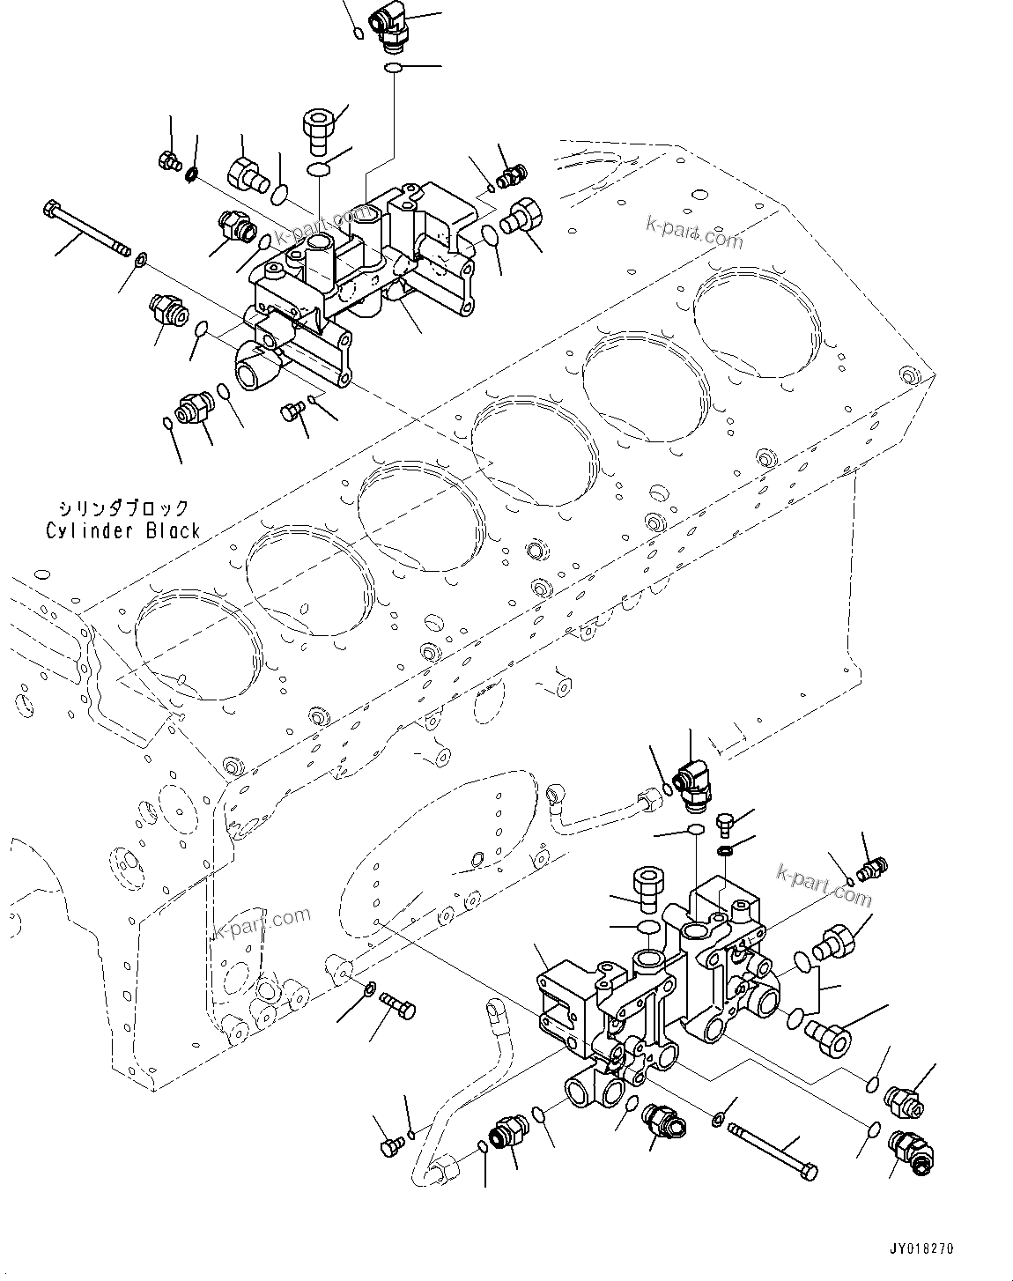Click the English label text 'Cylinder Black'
coord(122,531)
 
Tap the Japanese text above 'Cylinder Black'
coord(122,508)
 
